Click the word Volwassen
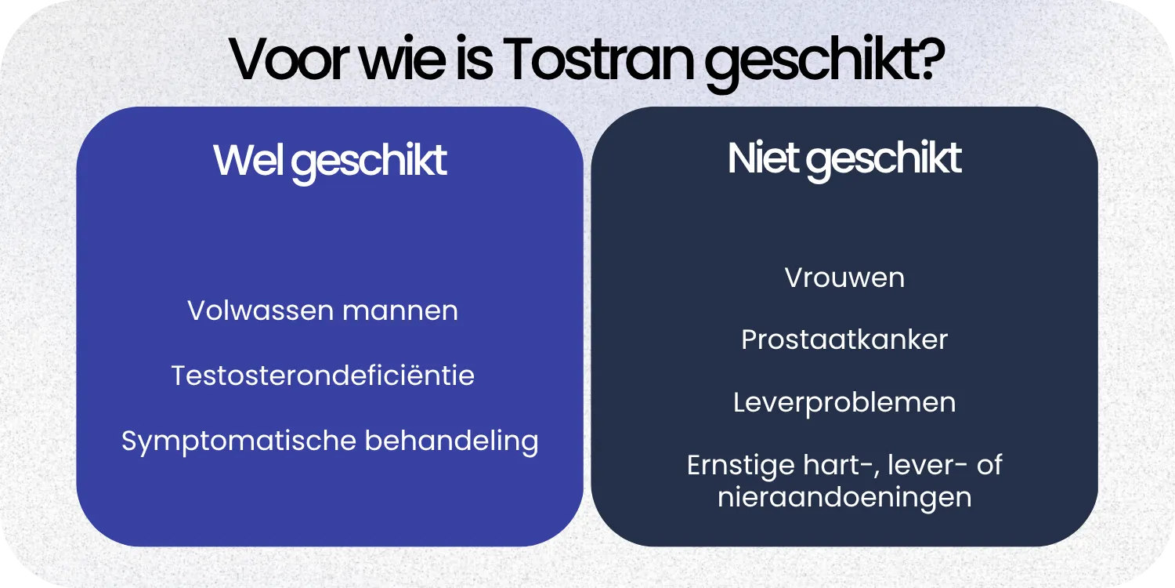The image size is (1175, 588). point(250,310)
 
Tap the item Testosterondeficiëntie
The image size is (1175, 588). point(323,376)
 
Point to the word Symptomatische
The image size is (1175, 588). point(239,441)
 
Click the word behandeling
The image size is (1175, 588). point(451,441)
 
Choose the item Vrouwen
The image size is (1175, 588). point(844,278)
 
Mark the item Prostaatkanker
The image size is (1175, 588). point(844,339)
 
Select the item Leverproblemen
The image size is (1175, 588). point(844,402)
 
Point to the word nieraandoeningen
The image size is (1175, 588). point(844,497)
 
